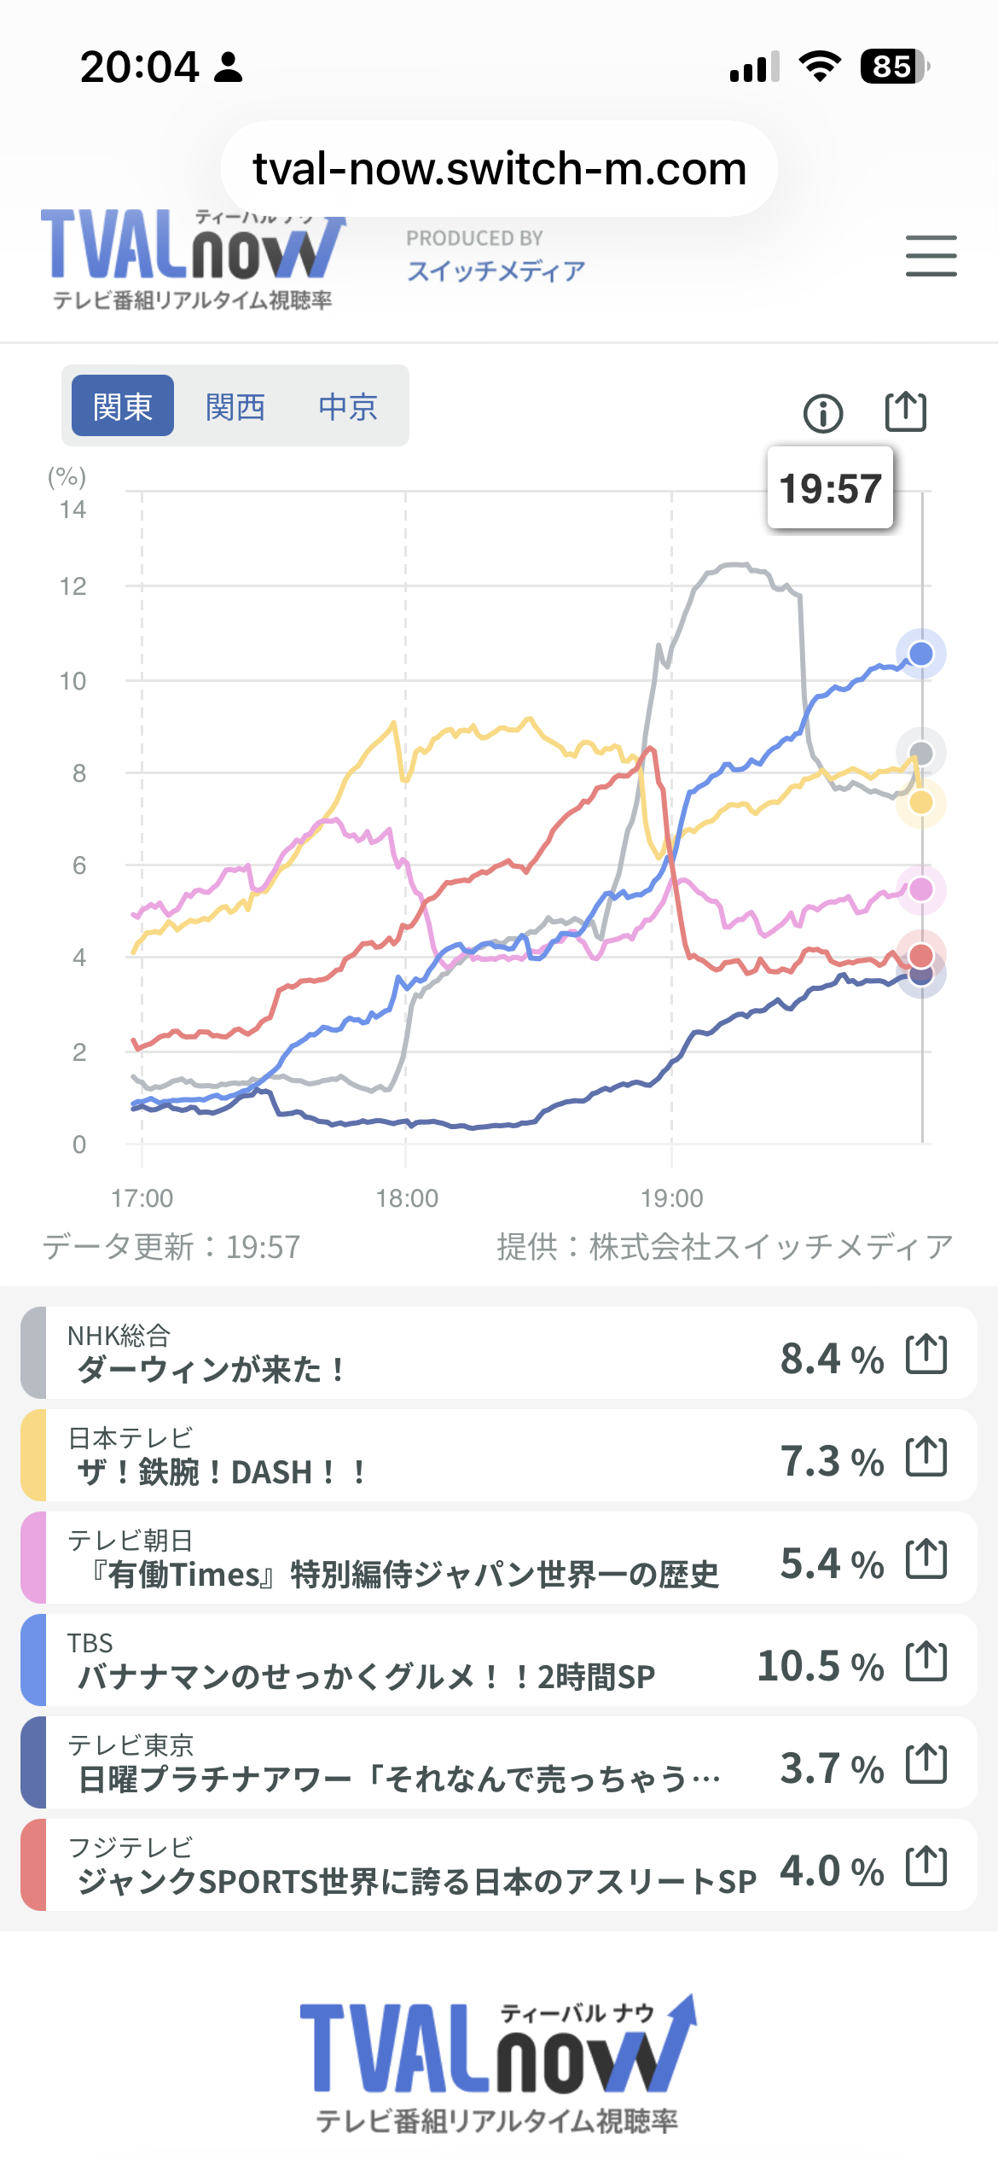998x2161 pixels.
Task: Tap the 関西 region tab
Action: coord(235,407)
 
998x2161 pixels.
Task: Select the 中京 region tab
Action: coord(348,407)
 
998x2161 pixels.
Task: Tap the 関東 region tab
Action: coord(123,407)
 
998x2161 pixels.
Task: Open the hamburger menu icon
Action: coord(931,256)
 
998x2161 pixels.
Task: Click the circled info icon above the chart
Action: coord(822,414)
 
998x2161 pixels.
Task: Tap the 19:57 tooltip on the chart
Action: coord(830,488)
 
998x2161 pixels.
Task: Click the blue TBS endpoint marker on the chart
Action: coord(920,654)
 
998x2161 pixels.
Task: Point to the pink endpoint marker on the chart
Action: coord(920,889)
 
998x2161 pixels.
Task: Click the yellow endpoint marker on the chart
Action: coord(920,802)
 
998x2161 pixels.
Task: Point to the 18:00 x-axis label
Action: coord(407,1198)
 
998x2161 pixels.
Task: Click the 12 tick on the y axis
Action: coord(73,586)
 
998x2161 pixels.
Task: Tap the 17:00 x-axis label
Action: coord(142,1198)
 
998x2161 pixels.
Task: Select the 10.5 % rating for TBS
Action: coord(820,1665)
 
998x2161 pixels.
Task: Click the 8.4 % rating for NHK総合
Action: coord(832,1358)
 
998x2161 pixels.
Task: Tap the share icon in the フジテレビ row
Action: coord(926,1866)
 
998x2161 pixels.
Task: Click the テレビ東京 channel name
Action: coord(131,1745)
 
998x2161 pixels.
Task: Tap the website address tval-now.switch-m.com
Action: coord(499,169)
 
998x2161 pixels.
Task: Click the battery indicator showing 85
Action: coord(893,67)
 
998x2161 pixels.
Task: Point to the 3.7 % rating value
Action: coord(832,1768)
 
